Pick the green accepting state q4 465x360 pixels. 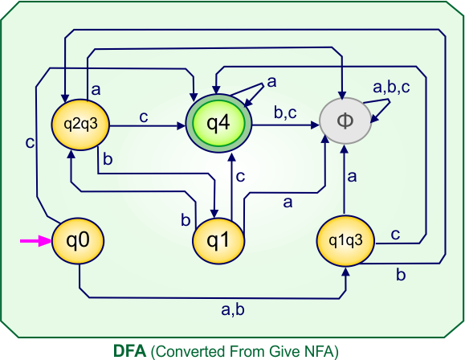coord(219,124)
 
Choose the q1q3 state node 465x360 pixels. coord(344,240)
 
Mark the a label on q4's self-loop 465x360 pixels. coord(271,81)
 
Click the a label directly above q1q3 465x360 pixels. coord(353,175)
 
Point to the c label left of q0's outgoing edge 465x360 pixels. coord(29,143)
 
